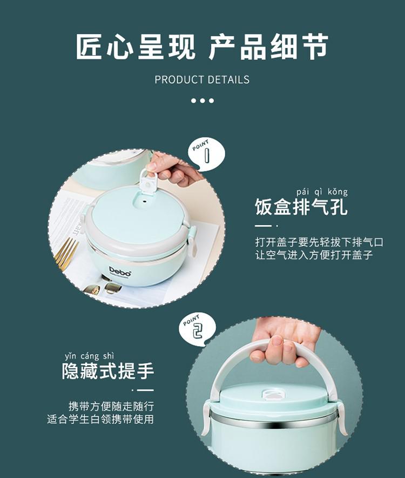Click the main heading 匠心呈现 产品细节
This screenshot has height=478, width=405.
pyautogui.click(x=202, y=47)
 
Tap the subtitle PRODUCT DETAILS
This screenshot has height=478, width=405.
pyautogui.click(x=202, y=80)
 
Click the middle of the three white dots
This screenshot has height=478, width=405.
pyautogui.click(x=202, y=101)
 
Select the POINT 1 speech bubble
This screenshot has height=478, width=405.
pyautogui.click(x=206, y=154)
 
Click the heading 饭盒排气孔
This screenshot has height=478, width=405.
pyautogui.click(x=301, y=207)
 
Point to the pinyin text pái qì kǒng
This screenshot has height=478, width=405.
pyautogui.click(x=322, y=192)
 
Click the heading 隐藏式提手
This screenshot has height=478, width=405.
pyautogui.click(x=108, y=371)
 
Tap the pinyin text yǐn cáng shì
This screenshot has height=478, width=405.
pyautogui.click(x=89, y=356)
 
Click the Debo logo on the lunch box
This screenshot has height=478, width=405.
pyautogui.click(x=120, y=271)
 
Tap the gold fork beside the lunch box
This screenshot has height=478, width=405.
pyautogui.click(x=66, y=253)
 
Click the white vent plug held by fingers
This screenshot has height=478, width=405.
pyautogui.click(x=148, y=182)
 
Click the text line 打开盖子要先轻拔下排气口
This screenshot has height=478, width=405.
pyautogui.click(x=319, y=242)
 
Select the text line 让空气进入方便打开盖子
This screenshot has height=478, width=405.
pyautogui.click(x=314, y=255)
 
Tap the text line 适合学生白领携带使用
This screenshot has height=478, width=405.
pyautogui.click(x=100, y=419)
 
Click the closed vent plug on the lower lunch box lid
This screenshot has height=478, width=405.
pyautogui.click(x=272, y=394)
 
